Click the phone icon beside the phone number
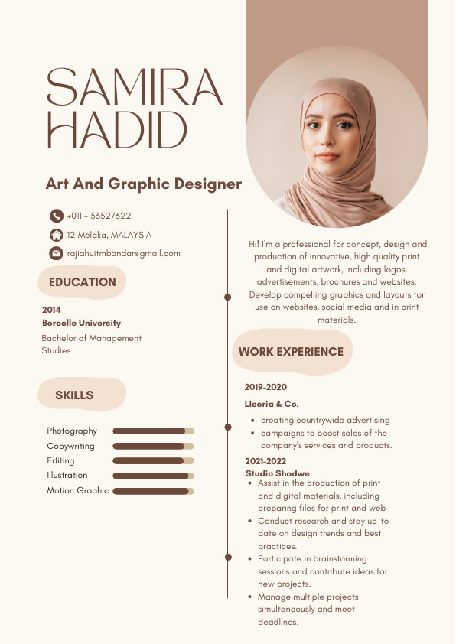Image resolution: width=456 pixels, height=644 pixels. pyautogui.click(x=57, y=216)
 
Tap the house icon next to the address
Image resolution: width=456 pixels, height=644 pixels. pyautogui.click(x=57, y=235)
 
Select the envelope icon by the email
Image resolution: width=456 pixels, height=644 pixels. pyautogui.click(x=57, y=253)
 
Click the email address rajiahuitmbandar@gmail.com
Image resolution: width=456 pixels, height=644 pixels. pyautogui.click(x=123, y=253)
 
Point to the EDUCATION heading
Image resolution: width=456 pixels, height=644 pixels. pyautogui.click(x=82, y=282)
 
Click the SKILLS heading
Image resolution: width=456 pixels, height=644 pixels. pyautogui.click(x=74, y=395)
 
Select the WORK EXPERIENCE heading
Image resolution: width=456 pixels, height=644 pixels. pyautogui.click(x=291, y=352)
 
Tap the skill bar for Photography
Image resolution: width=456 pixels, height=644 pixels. pyautogui.click(x=153, y=431)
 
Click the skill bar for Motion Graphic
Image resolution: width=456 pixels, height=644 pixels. pyautogui.click(x=153, y=491)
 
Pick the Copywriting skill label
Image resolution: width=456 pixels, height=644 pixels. pyautogui.click(x=70, y=446)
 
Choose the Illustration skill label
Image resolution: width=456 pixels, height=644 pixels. pyautogui.click(x=67, y=476)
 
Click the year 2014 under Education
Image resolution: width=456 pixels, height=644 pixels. pyautogui.click(x=51, y=310)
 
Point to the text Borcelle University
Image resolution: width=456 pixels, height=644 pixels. pyautogui.click(x=81, y=324)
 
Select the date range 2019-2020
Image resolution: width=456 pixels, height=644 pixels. pyautogui.click(x=265, y=387)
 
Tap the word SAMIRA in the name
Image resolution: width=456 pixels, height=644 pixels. pyautogui.click(x=135, y=88)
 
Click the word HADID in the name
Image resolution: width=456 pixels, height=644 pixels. pyautogui.click(x=117, y=129)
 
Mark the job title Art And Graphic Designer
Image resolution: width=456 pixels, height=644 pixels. pyautogui.click(x=144, y=184)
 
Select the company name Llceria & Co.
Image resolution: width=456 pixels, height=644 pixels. pyautogui.click(x=272, y=403)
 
